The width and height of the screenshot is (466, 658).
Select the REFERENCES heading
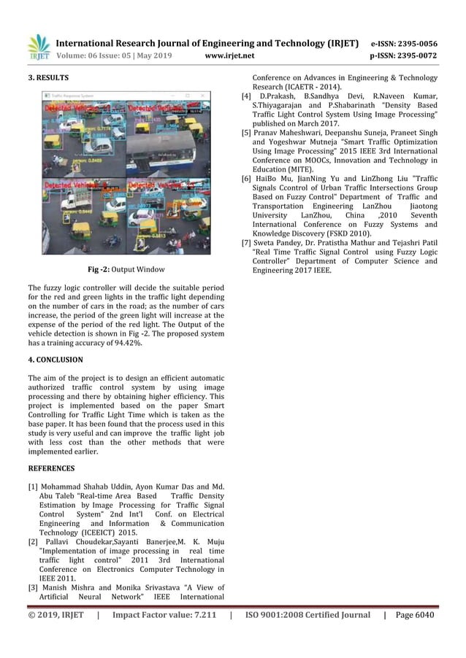tap(51, 468)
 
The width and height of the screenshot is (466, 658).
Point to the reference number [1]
tap(33, 485)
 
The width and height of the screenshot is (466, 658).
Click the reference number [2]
tap(33, 542)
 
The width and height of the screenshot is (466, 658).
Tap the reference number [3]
tap(33, 587)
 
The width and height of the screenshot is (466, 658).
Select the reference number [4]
tap(247, 96)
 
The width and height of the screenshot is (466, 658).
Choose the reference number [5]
tap(247, 133)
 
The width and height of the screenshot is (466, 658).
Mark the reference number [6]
tap(247, 179)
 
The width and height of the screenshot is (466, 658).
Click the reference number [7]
tap(247, 242)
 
